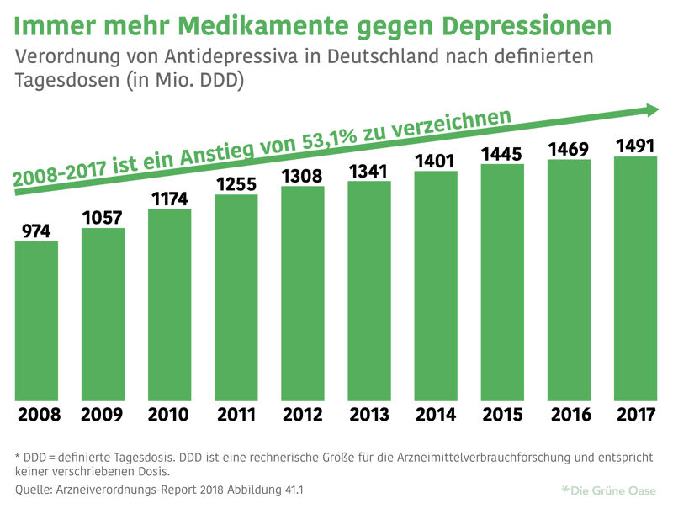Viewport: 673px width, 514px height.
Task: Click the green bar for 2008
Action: tap(36, 321)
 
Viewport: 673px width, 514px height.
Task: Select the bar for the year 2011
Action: tap(236, 298)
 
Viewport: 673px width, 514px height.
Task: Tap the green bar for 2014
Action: tap(436, 286)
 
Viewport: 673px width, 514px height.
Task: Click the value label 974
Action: tap(36, 230)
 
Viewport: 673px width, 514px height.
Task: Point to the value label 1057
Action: tap(103, 216)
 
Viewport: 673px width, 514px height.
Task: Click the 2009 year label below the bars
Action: tap(103, 415)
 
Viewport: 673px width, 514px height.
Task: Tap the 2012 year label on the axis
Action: tap(302, 415)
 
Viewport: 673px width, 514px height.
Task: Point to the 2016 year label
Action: tap(569, 415)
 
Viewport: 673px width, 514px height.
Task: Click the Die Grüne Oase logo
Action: tap(610, 489)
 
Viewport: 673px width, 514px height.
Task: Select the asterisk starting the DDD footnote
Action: tap(18, 455)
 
